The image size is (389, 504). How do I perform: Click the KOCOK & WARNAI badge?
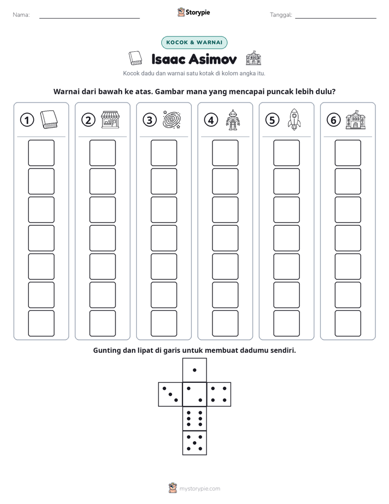194,43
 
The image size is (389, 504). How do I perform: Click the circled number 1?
27,120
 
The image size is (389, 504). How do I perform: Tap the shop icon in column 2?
110,120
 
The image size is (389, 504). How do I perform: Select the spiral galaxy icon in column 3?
172,120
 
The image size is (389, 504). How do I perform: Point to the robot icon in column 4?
233,120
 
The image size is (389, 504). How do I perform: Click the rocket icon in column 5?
294,119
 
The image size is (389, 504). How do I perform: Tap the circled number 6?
333,120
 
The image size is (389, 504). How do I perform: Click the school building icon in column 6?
356,120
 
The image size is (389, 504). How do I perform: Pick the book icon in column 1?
49,120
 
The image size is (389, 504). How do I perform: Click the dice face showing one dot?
194,370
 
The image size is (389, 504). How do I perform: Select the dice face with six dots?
194,418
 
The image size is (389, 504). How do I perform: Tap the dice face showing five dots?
194,443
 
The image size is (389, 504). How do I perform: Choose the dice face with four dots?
219,394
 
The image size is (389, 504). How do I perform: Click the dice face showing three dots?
170,394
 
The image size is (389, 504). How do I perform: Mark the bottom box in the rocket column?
287,323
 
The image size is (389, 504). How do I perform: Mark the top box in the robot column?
226,153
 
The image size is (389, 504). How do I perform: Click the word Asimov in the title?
213,59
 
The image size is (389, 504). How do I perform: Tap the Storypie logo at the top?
193,13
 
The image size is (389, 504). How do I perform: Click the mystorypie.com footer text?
199,489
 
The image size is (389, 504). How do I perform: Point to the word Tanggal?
281,15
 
